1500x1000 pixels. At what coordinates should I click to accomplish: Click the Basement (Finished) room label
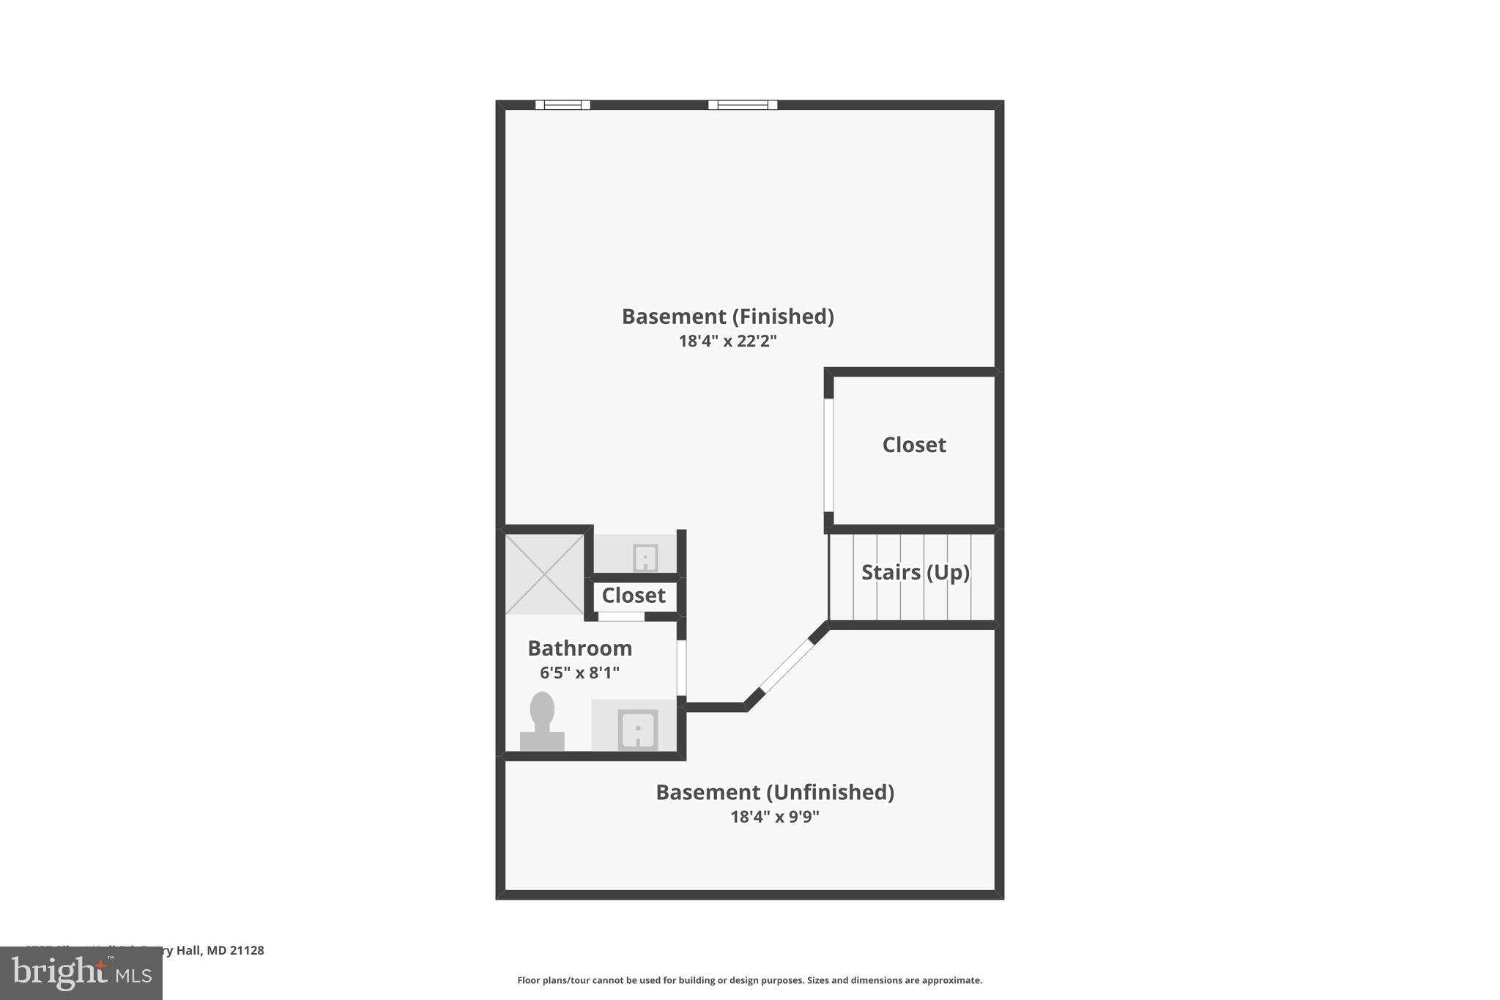pos(727,316)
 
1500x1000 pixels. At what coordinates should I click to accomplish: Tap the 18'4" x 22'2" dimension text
pos(727,341)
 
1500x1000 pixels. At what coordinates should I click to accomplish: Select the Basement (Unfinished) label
pos(774,792)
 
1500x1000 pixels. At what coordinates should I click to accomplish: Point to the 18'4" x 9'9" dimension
pos(774,816)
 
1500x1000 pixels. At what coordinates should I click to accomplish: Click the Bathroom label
pos(579,648)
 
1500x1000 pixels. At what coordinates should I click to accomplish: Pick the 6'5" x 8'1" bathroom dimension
pos(579,673)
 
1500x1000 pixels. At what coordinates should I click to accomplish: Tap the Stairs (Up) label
pos(915,572)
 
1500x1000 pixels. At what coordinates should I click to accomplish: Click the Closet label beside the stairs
pos(913,445)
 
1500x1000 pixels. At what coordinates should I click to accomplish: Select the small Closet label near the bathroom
pos(633,596)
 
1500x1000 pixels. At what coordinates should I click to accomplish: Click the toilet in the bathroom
pos(542,722)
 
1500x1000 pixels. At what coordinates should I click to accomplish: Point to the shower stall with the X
pos(544,574)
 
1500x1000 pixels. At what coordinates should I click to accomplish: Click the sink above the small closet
pos(645,558)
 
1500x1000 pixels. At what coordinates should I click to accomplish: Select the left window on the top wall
pos(562,105)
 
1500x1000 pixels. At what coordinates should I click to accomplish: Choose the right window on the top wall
pos(743,105)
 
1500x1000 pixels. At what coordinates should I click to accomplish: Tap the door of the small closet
pos(621,617)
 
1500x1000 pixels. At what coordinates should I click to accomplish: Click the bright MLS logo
pos(81,973)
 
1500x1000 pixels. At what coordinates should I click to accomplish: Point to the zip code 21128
pos(247,950)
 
